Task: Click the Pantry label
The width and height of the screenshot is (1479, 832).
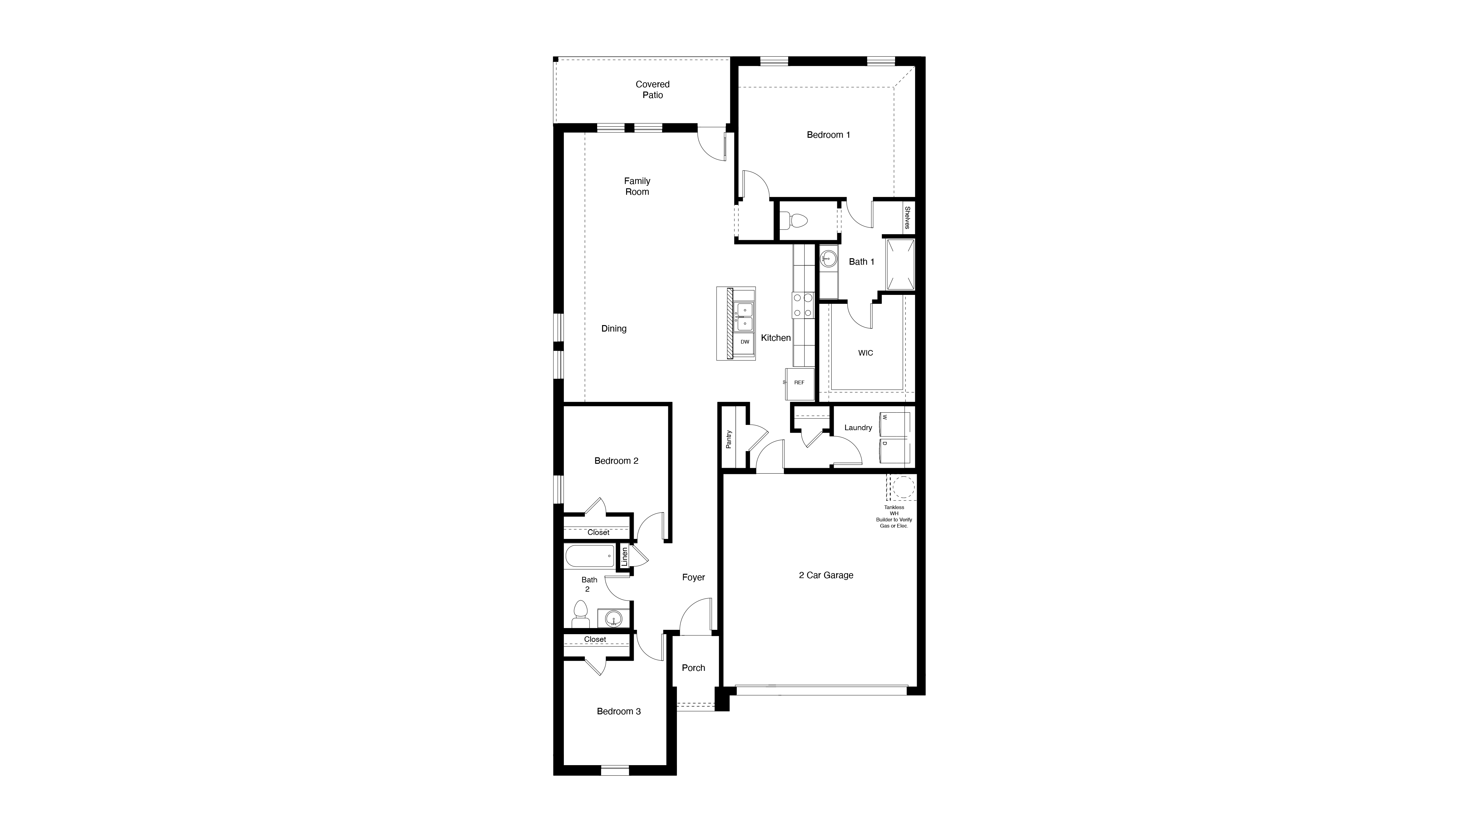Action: point(729,439)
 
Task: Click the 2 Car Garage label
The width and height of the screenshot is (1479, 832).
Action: point(826,575)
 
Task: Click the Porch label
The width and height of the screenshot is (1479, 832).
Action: point(693,668)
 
